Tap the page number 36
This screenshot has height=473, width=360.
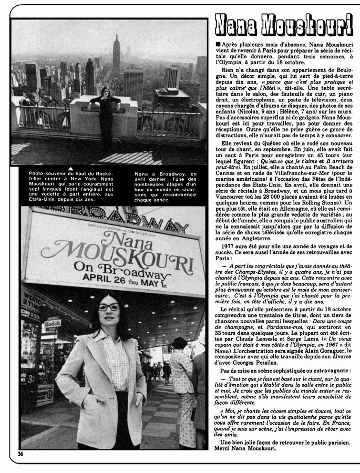click(21, 453)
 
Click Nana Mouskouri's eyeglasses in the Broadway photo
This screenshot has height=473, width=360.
click(109, 307)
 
